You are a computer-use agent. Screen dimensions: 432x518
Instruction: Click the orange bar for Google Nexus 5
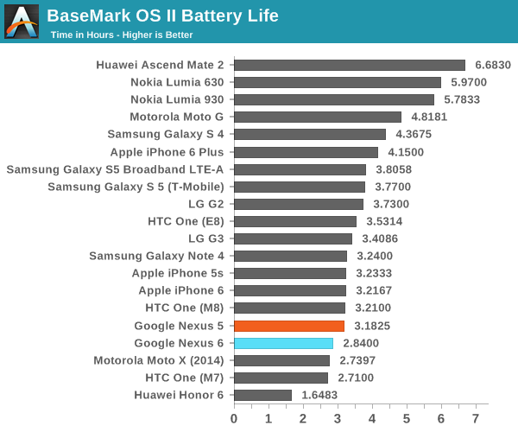pos(289,326)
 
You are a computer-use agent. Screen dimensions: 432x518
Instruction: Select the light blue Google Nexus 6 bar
pos(283,343)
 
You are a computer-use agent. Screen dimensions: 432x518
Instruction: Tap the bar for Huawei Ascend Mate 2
pos(350,65)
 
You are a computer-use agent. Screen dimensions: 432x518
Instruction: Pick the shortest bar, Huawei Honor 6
pos(262,395)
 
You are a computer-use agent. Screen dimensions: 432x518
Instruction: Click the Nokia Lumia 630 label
pos(177,82)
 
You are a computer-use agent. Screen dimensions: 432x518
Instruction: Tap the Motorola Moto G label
pos(177,117)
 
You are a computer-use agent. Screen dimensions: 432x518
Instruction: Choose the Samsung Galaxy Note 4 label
pos(156,256)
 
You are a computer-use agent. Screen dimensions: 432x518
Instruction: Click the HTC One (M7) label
pos(185,378)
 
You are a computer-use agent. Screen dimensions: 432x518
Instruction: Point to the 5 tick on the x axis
pos(407,418)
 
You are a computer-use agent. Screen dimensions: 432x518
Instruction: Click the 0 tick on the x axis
pos(234,418)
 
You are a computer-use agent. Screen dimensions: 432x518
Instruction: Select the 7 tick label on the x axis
pos(476,418)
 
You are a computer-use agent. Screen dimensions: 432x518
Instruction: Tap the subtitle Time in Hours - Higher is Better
pos(122,35)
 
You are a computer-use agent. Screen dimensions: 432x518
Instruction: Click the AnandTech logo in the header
pos(22,22)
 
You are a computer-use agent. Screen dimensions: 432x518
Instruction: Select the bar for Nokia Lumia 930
pos(334,99)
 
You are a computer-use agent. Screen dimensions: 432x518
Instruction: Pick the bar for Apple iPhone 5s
pos(290,273)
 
